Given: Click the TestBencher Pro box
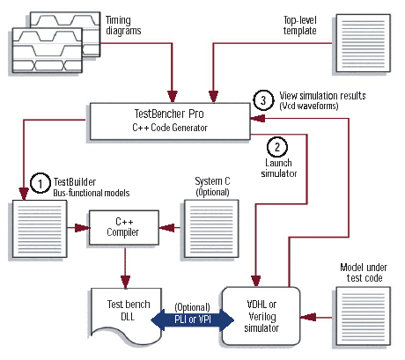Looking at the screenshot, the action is pyautogui.click(x=170, y=121).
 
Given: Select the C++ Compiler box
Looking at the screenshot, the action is pyautogui.click(x=124, y=227).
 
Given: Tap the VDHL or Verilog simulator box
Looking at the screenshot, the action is pyautogui.click(x=261, y=316).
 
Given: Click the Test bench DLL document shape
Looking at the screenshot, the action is pyautogui.click(x=127, y=314).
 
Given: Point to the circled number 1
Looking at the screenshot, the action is pyautogui.click(x=40, y=183).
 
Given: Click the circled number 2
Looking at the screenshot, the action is pyautogui.click(x=277, y=147).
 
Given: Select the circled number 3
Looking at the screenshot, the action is pyautogui.click(x=263, y=100).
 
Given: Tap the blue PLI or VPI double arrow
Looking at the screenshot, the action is pyautogui.click(x=193, y=320).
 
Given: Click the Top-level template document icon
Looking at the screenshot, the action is pyautogui.click(x=363, y=43).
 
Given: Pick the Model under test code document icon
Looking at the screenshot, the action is pyautogui.click(x=363, y=316).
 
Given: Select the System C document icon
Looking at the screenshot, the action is pyautogui.click(x=211, y=229).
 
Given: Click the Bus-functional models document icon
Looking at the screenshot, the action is pyautogui.click(x=40, y=229).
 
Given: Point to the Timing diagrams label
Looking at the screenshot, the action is pyautogui.click(x=123, y=26).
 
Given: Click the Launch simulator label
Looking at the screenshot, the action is pyautogui.click(x=278, y=168).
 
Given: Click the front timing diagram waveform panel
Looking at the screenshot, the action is pyautogui.click(x=48, y=50).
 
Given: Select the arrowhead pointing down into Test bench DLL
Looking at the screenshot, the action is pyautogui.click(x=125, y=282).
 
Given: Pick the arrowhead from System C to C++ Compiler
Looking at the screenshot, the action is pyautogui.click(x=166, y=227).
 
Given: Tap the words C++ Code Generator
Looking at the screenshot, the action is pyautogui.click(x=170, y=128).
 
